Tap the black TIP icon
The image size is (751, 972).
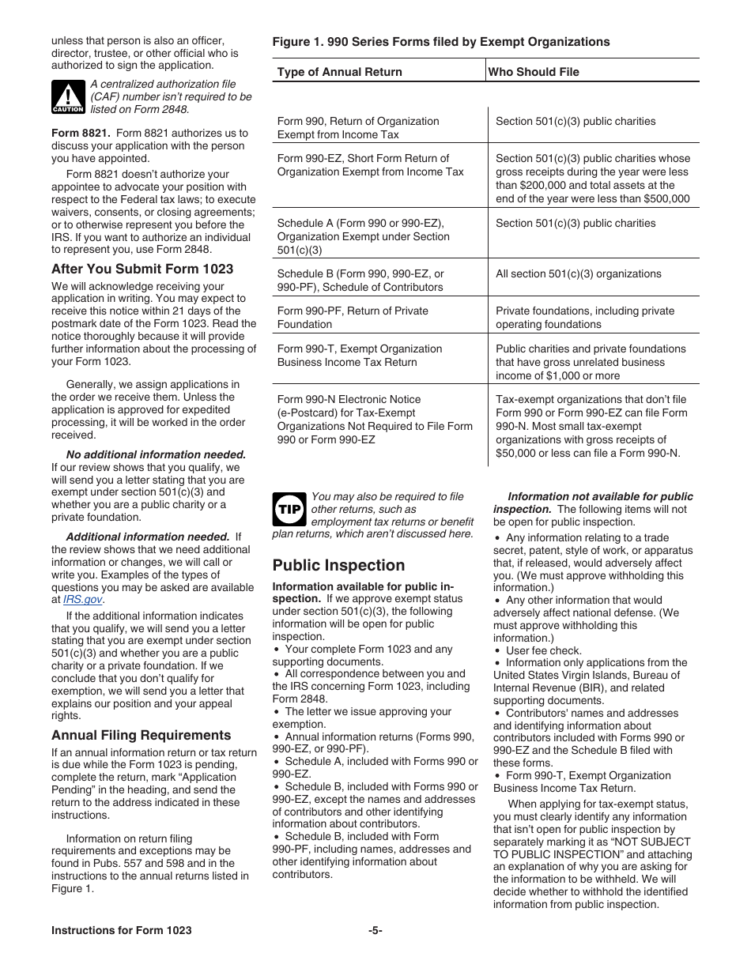pos(288,510)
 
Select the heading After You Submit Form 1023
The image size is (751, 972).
pos(142,269)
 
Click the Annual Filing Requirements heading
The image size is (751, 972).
pos(142,735)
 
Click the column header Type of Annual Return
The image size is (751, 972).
pos(339,72)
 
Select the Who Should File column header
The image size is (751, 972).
pos(534,72)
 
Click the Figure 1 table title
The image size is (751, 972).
pos(440,42)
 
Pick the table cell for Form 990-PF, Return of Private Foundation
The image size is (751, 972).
pos(353,318)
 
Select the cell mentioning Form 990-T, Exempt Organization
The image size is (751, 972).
pos(360,356)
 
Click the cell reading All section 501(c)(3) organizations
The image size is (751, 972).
pos(578,274)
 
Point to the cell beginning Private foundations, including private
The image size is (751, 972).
pos(585,318)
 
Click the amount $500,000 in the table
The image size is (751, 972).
pos(662,199)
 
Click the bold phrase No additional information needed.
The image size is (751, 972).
pos(156,454)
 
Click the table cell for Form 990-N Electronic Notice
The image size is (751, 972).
pos(374,420)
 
